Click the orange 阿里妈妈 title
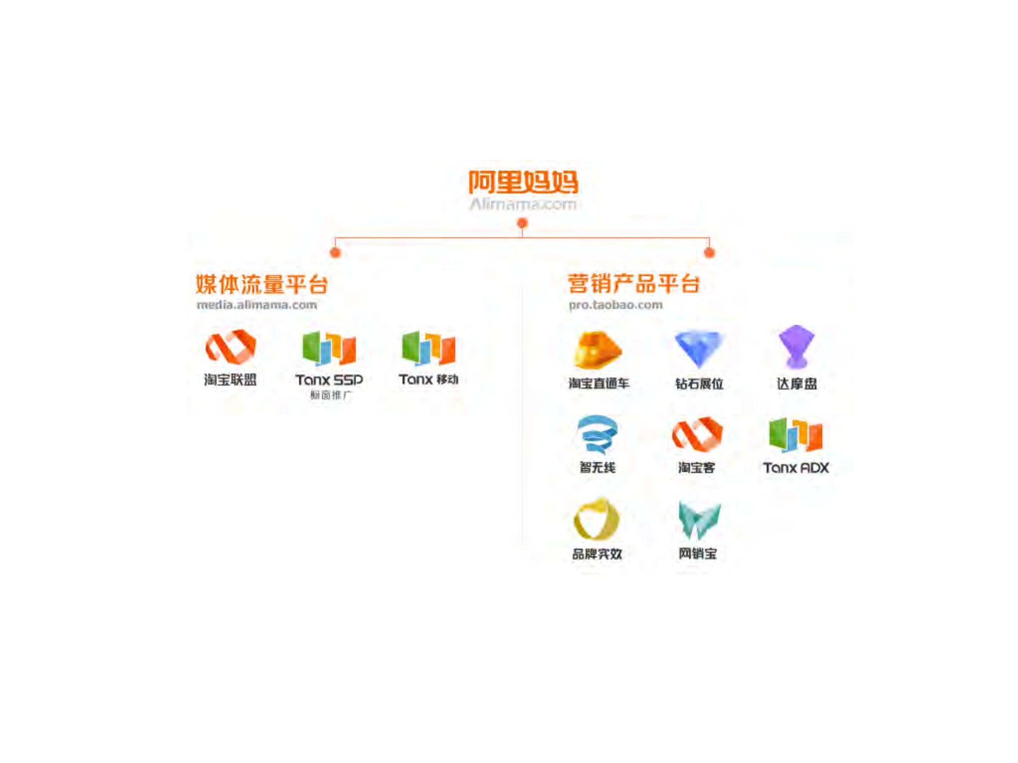click(523, 182)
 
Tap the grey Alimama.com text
click(523, 204)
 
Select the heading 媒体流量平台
click(261, 285)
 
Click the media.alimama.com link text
click(256, 305)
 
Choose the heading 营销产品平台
click(634, 284)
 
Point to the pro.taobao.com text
click(615, 305)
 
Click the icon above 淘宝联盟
click(231, 347)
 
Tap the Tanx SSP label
click(329, 380)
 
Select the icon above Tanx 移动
click(428, 348)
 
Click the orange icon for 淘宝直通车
click(597, 350)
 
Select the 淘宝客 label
click(696, 467)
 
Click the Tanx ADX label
click(796, 467)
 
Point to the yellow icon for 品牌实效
click(596, 520)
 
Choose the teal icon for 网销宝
click(699, 520)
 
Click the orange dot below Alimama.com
click(522, 224)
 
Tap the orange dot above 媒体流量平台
click(336, 253)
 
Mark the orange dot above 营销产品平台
click(709, 253)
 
